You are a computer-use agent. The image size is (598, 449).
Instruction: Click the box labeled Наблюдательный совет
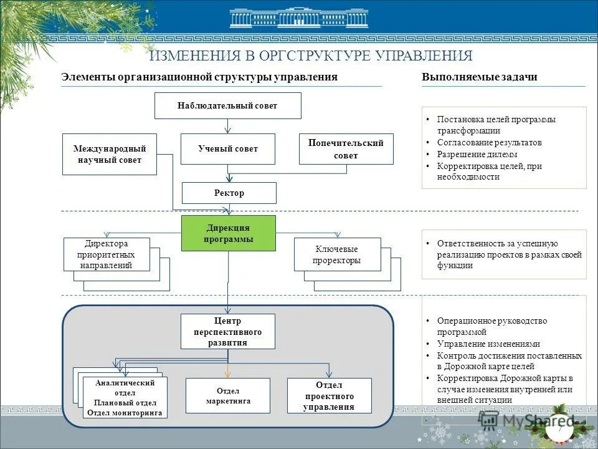[x=227, y=105]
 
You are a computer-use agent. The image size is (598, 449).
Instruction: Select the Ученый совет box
[x=227, y=149]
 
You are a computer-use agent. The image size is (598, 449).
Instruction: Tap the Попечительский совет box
[x=346, y=149]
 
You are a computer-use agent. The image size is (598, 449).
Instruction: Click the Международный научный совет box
[x=110, y=154]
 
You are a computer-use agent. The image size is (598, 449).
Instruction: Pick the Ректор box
[x=229, y=193]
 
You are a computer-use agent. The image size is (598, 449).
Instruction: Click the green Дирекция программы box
[x=228, y=233]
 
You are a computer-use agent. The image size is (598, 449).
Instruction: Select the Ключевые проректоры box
[x=337, y=254]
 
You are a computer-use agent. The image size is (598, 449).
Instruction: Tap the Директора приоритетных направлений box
[x=107, y=254]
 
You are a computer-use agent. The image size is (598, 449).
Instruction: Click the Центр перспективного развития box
[x=227, y=331]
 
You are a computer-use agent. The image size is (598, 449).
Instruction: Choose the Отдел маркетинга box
[x=227, y=395]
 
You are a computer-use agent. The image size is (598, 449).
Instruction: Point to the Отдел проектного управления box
[x=329, y=395]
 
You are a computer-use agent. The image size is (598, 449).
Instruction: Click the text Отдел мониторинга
[x=125, y=413]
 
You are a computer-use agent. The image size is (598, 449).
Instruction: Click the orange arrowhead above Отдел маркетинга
[x=227, y=374]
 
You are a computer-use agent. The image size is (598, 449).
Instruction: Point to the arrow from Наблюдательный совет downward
[x=228, y=127]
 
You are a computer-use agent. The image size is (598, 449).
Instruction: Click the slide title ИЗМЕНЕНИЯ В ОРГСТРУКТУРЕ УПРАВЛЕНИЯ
[x=311, y=56]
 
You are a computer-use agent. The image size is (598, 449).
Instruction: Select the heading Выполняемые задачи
[x=479, y=77]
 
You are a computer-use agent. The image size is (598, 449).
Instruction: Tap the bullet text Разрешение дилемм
[x=477, y=154]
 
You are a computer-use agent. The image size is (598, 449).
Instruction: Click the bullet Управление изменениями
[x=488, y=344]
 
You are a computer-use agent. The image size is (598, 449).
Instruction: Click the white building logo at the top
[x=298, y=18]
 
